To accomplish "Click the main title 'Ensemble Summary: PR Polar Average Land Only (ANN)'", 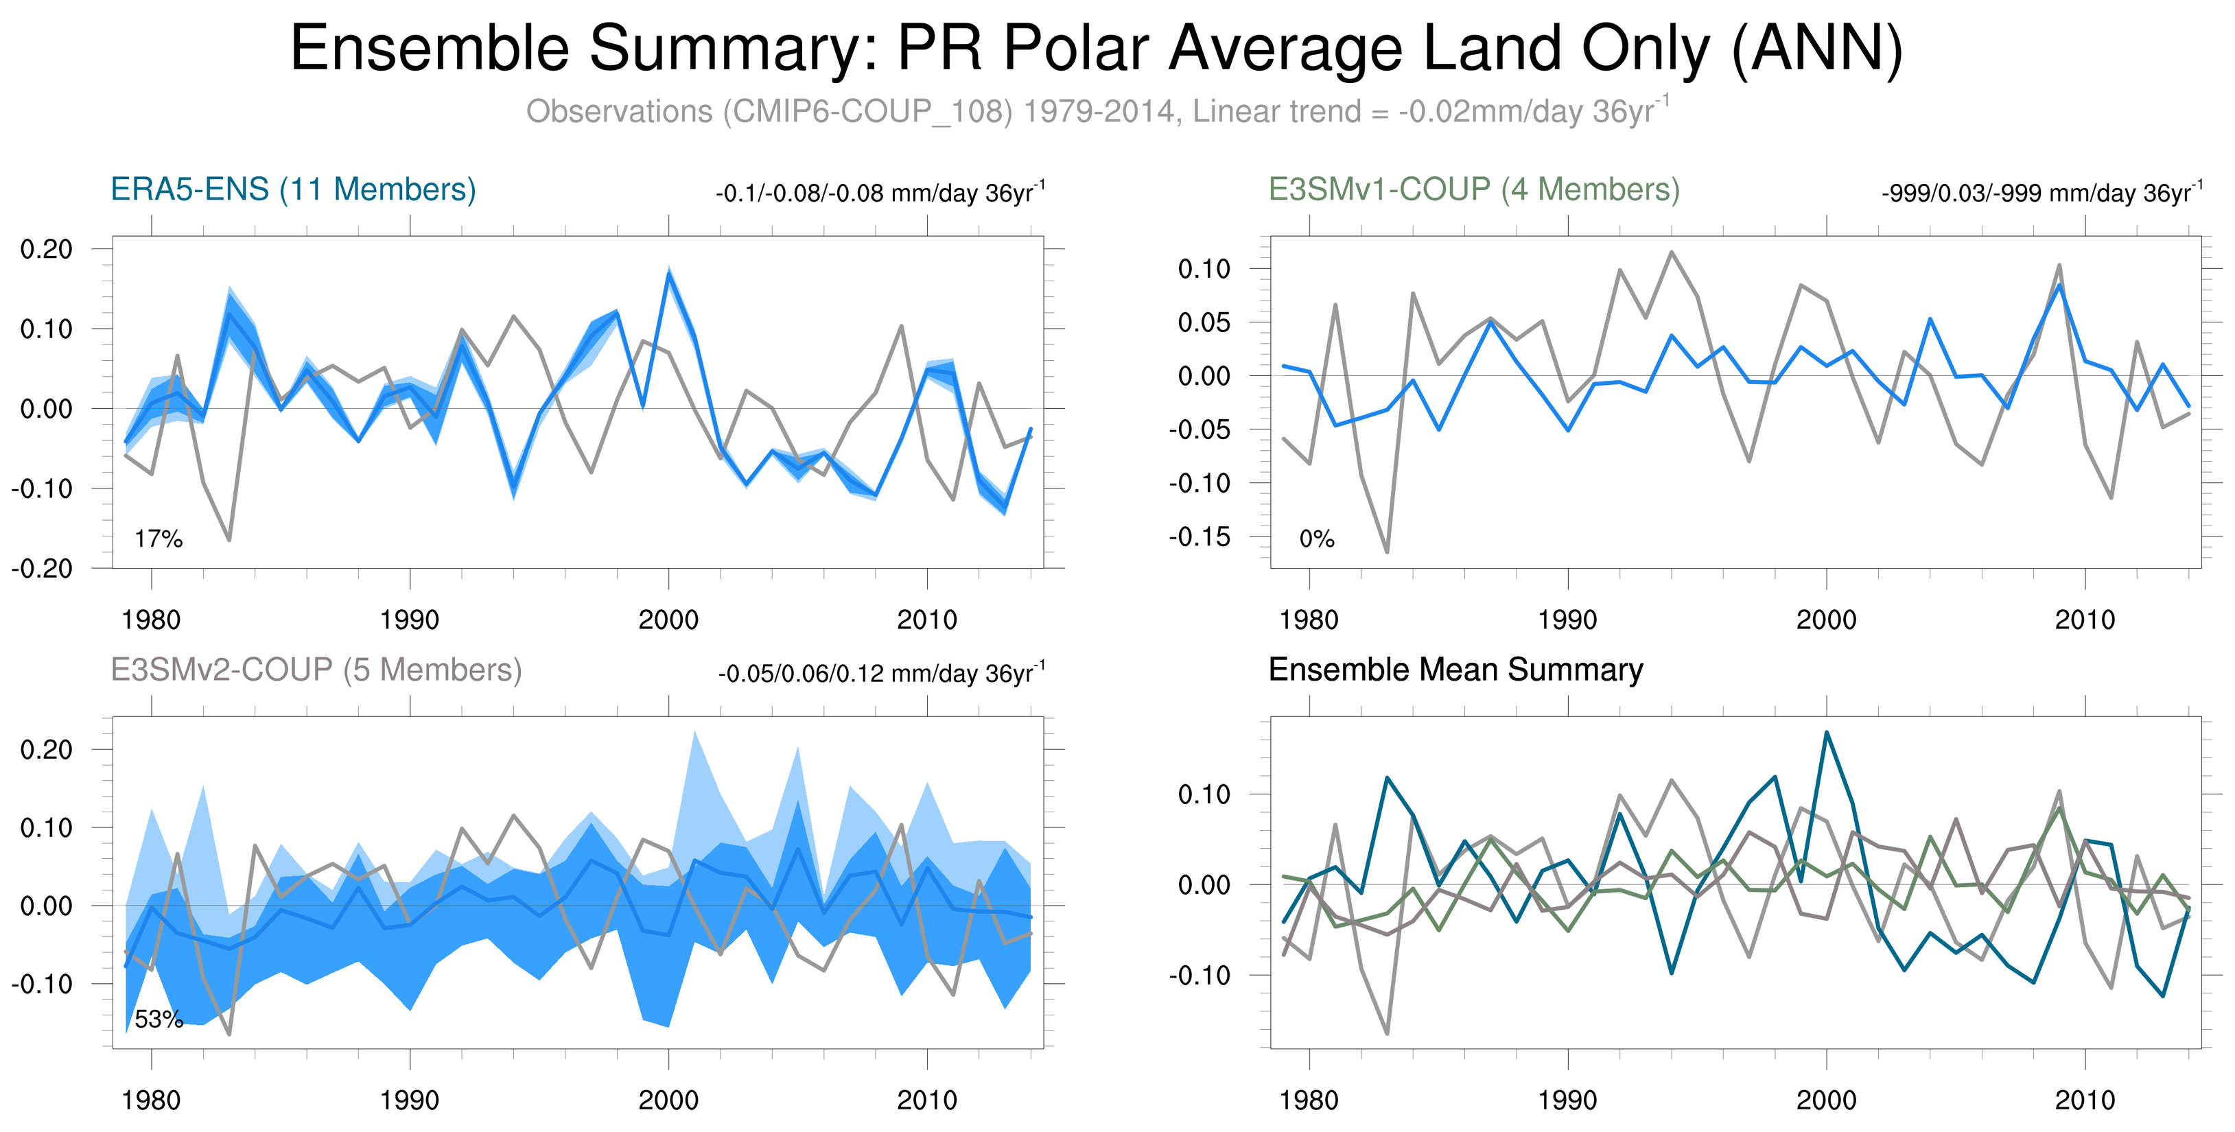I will pyautogui.click(x=1096, y=49).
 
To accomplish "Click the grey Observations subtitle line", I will pyautogui.click(x=1096, y=112).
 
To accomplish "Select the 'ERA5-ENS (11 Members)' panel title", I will pyautogui.click(x=293, y=189).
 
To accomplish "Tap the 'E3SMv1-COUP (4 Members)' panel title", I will pyautogui.click(x=1473, y=189).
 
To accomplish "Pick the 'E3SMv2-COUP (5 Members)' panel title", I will pyautogui.click(x=316, y=670).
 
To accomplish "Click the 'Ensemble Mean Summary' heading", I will pyautogui.click(x=1455, y=670).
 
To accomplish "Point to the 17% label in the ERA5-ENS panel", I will pyautogui.click(x=159, y=539).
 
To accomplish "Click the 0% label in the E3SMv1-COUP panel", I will pyautogui.click(x=1316, y=539).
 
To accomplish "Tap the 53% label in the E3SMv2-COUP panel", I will pyautogui.click(x=159, y=1019).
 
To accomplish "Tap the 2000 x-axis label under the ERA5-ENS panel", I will pyautogui.click(x=668, y=620).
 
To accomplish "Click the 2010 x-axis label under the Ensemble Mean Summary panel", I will pyautogui.click(x=2084, y=1100).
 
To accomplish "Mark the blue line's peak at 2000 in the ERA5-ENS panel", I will pyautogui.click(x=669, y=272).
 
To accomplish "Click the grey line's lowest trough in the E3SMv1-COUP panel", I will pyautogui.click(x=1386, y=552).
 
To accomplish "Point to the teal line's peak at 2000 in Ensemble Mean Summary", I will pyautogui.click(x=1826, y=732).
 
